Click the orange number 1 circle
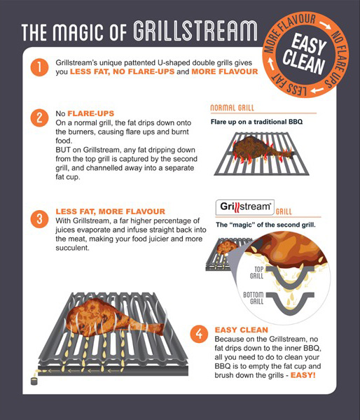coord(39,67)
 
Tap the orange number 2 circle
coord(39,118)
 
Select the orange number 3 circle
coord(39,219)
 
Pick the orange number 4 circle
coord(199,334)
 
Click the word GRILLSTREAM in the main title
coord(195,31)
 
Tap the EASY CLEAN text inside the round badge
coord(305,54)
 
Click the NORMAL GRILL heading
coord(232,108)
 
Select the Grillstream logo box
coord(245,207)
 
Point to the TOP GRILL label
coord(257,272)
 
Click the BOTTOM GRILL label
coord(254,298)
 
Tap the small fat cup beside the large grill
coord(34,381)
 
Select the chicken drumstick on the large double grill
coord(114,318)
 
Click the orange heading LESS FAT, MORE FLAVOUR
coord(111,211)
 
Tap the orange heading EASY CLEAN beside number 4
coord(241,330)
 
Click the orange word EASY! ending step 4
coord(303,375)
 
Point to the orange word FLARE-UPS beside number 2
coord(91,113)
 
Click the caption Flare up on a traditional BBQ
coord(256,122)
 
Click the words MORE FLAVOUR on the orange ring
coord(285,29)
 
